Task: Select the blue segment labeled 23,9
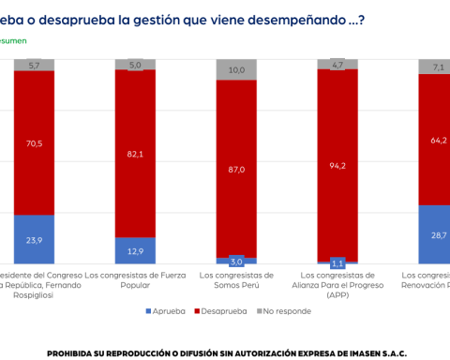tap(33, 239)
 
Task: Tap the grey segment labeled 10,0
tap(236, 69)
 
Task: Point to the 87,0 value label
tap(236, 170)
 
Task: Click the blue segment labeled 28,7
tap(436, 234)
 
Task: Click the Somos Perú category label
tap(235, 280)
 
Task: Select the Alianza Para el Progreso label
tap(337, 285)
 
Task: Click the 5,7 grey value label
tap(33, 65)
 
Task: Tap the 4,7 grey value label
tap(337, 65)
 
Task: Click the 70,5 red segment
tap(33, 142)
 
